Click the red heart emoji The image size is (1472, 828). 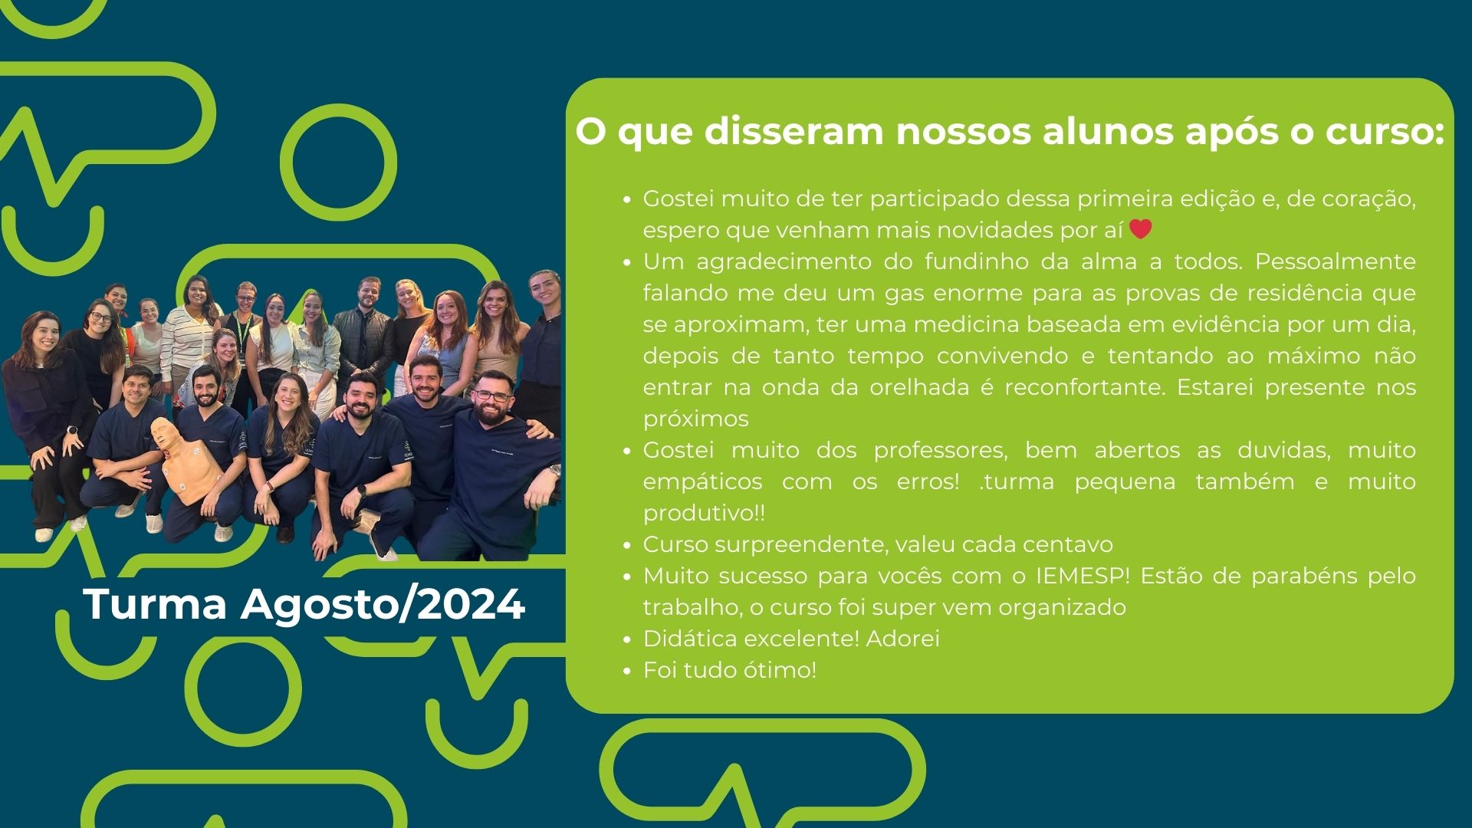tap(1141, 229)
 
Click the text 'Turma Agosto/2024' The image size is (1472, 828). tap(304, 604)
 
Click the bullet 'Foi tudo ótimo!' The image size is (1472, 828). tap(730, 670)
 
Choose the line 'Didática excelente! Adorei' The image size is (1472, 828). tap(791, 639)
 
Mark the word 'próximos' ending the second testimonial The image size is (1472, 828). tap(696, 419)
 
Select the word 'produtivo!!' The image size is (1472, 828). tap(704, 513)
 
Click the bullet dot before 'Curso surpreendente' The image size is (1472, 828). tap(627, 546)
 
